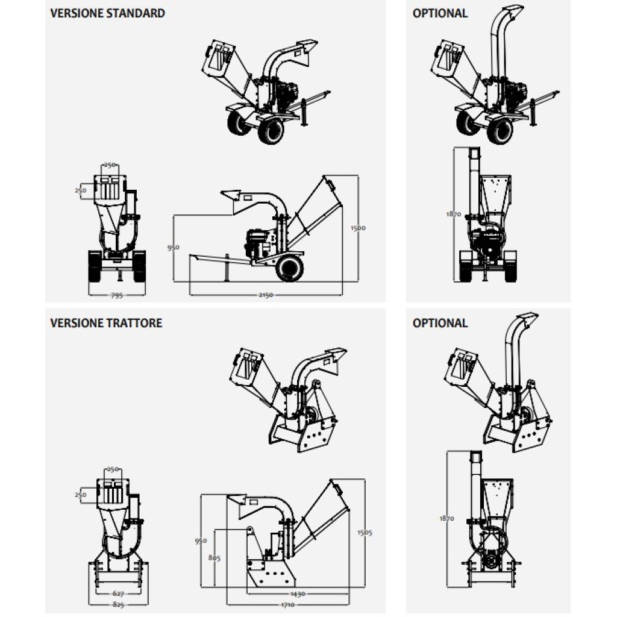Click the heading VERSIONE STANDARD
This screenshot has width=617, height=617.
pyautogui.click(x=108, y=13)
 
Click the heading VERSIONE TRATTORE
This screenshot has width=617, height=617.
pyautogui.click(x=106, y=323)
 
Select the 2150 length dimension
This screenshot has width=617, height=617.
pyautogui.click(x=266, y=295)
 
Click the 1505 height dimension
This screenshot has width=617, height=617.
pyautogui.click(x=365, y=532)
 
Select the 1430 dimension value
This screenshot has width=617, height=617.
pyautogui.click(x=298, y=594)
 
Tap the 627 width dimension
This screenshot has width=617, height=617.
pyautogui.click(x=117, y=593)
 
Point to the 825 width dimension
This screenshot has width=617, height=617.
pyautogui.click(x=117, y=603)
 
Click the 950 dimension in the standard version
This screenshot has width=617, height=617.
pyautogui.click(x=174, y=247)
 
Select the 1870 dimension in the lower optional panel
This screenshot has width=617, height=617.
pyautogui.click(x=447, y=518)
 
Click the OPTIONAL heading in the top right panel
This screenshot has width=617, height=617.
pyautogui.click(x=440, y=13)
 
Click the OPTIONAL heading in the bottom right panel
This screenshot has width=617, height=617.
pyautogui.click(x=440, y=323)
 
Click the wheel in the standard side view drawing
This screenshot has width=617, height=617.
pyautogui.click(x=290, y=268)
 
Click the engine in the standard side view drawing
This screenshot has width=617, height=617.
pyautogui.click(x=258, y=243)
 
